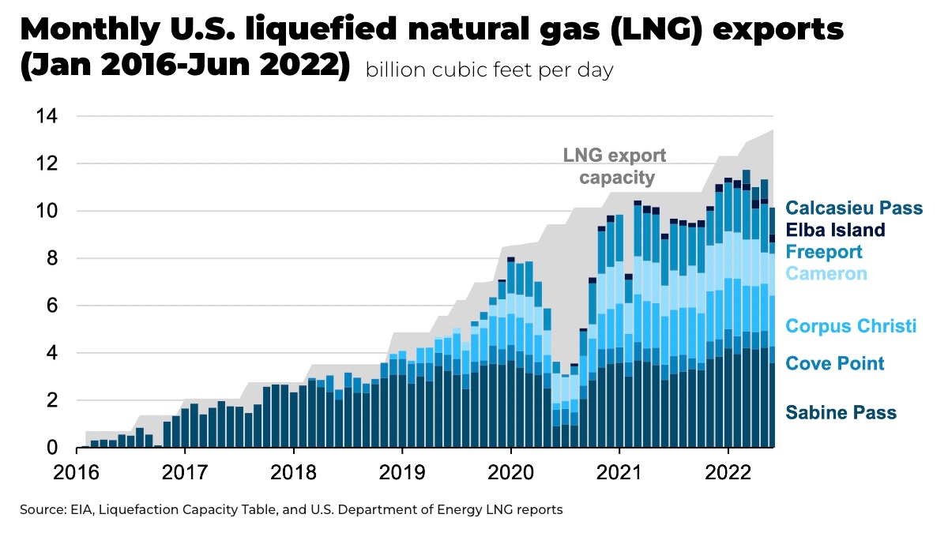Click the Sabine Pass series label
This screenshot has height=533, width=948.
coord(841,412)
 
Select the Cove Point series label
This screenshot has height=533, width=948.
coord(834,363)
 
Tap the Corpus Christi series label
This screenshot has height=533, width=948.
coord(851,326)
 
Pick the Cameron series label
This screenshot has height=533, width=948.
coord(826,274)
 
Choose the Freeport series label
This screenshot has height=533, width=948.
coord(824,252)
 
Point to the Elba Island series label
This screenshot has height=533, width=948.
coord(836,231)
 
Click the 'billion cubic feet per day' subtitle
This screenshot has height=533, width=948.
coord(489,70)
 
